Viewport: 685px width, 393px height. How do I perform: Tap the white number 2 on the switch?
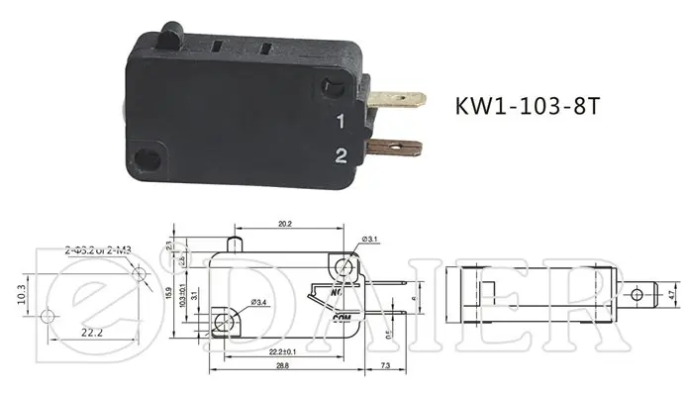(x=340, y=154)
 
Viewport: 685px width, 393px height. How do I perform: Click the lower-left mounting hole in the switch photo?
(x=148, y=155)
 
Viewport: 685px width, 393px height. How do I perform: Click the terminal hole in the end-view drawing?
(x=637, y=293)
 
